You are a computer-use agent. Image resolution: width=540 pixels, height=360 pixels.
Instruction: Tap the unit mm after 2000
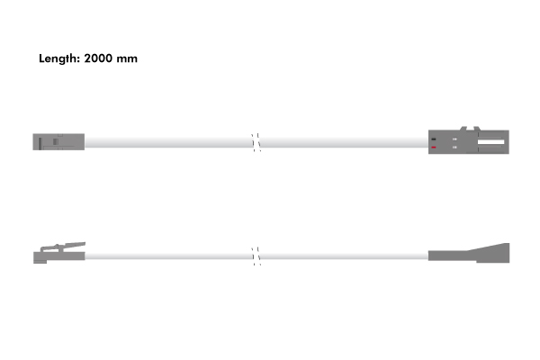tap(127, 59)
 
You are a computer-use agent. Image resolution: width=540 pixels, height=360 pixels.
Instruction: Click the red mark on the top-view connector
tap(434, 148)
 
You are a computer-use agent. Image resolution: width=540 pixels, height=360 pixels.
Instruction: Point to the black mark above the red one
tap(434, 139)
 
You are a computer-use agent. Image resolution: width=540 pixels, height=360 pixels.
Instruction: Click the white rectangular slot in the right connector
tap(490, 142)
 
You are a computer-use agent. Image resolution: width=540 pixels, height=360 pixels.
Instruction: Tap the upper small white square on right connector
tap(454, 139)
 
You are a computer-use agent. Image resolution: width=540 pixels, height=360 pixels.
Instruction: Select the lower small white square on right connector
tap(454, 148)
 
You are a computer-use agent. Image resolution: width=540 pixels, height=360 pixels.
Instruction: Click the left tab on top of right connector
tap(463, 129)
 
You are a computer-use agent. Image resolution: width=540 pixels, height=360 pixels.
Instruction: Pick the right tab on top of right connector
tap(477, 129)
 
